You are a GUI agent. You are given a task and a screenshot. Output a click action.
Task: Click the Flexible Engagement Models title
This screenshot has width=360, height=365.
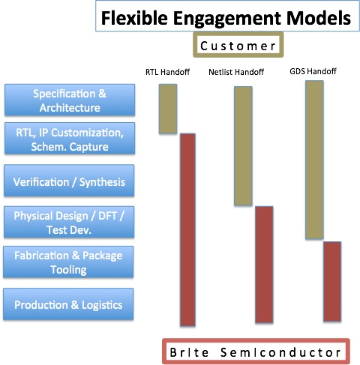point(226,18)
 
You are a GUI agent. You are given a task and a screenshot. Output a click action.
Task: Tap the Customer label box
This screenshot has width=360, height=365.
point(238,45)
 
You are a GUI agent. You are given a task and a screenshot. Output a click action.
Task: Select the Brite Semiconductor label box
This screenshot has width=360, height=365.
point(256,352)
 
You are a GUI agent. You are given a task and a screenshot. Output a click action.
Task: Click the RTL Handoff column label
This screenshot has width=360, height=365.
point(167,72)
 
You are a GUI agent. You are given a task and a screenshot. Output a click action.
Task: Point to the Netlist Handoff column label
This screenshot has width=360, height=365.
point(236,72)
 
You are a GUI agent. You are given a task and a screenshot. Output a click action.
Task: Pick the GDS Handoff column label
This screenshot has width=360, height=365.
point(313,71)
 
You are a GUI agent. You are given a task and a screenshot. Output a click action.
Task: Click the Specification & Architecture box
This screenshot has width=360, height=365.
point(70,100)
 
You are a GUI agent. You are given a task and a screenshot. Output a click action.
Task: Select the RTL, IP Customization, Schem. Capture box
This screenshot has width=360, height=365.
point(70,139)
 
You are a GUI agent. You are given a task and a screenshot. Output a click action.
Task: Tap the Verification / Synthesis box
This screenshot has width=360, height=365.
point(69,181)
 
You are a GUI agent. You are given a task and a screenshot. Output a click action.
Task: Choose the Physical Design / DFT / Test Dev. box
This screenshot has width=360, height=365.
point(69,222)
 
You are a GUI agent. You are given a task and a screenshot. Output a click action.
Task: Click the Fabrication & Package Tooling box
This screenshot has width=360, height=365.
point(68,262)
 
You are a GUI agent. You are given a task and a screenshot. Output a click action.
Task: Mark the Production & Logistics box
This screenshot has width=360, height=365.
point(68,304)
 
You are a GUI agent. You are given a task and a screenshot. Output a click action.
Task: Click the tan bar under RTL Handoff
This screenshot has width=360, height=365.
point(168,109)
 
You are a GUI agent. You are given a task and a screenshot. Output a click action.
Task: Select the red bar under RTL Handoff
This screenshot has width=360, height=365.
point(187,230)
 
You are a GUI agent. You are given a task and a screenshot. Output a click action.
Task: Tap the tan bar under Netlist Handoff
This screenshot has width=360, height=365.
point(243,146)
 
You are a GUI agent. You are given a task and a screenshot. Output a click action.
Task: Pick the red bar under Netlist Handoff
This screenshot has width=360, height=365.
point(264,265)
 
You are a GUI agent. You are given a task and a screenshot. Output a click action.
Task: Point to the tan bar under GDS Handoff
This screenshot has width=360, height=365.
point(314,160)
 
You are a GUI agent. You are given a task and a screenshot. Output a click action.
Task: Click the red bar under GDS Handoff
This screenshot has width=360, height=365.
point(332,281)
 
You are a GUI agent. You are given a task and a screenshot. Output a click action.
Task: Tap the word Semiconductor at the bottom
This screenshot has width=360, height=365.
point(280,352)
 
